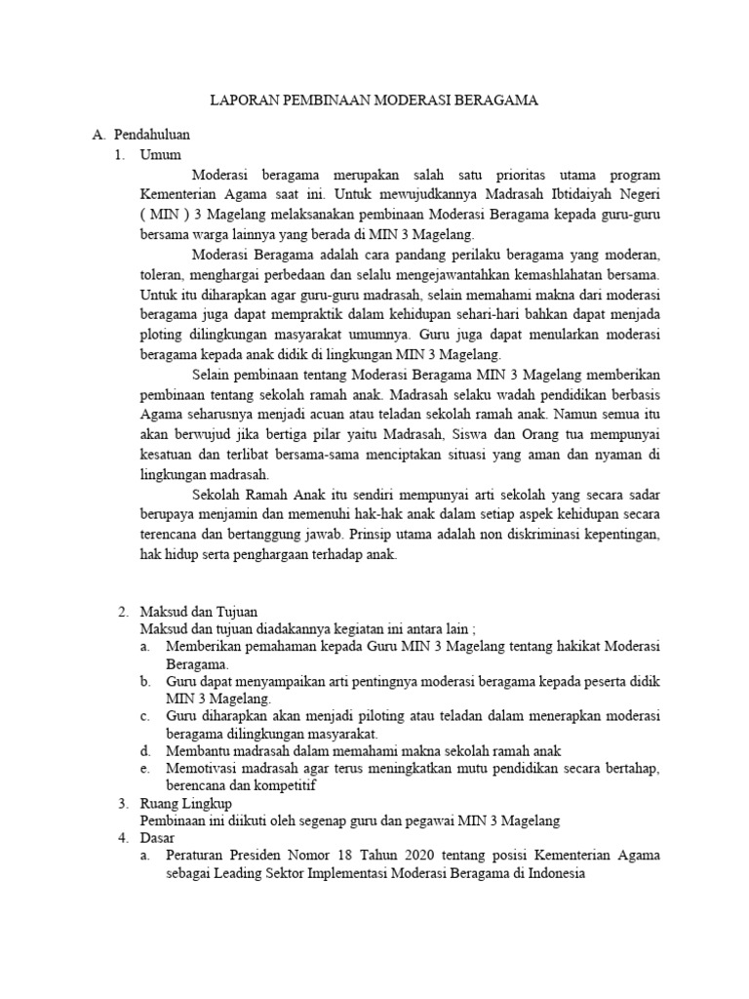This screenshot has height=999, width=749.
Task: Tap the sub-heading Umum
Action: [161, 154]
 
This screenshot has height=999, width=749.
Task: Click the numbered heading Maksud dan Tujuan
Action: [199, 612]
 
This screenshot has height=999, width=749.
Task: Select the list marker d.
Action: [144, 750]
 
